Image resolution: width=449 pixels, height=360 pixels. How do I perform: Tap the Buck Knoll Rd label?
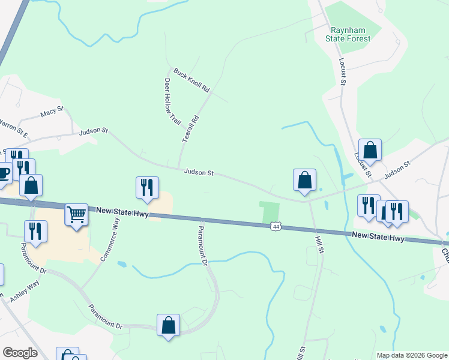[191, 80]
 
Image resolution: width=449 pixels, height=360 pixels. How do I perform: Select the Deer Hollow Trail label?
[172, 102]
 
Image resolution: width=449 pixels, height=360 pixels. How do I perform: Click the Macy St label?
[52, 113]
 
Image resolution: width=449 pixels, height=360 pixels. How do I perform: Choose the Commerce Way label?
[110, 238]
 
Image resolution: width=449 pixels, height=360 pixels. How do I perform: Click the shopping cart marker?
[77, 214]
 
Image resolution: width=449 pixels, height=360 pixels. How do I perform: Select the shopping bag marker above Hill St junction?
[304, 179]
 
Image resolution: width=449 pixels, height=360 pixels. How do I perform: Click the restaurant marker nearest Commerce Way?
[147, 187]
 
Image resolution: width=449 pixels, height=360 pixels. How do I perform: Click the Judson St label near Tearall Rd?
[199, 173]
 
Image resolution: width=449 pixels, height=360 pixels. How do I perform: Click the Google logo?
[20, 353]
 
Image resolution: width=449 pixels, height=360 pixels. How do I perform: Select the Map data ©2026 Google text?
[412, 355]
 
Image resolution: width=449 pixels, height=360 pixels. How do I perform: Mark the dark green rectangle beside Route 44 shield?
[270, 212]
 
